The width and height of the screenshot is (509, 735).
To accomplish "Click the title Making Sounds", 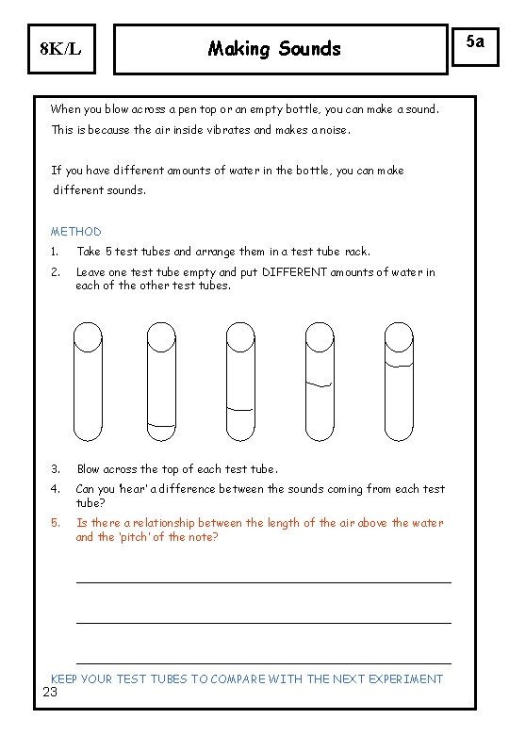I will coord(274,48).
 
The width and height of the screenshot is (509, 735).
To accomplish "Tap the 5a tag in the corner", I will coord(478,41).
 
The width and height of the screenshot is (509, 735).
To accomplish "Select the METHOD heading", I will coord(75,231).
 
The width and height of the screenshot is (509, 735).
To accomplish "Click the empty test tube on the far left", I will coord(88,382).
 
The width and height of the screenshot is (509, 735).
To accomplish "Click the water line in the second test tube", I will coord(162,426).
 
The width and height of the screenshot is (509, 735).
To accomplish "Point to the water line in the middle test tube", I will coord(240,409).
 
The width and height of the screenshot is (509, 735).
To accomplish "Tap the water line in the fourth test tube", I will coord(320,383).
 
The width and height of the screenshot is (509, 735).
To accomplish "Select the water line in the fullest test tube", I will coord(399,363).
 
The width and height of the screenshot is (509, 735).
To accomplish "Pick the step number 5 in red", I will coord(55,523).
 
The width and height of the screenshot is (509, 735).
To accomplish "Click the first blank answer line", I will coord(263,582).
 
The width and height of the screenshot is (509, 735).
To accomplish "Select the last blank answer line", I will coord(263,663).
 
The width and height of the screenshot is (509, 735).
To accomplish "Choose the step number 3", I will coord(55,468).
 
